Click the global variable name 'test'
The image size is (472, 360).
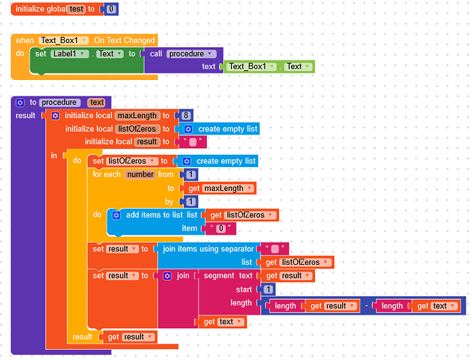click(x=76, y=9)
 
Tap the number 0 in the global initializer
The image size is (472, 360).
click(x=110, y=9)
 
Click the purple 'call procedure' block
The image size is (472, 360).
click(x=183, y=53)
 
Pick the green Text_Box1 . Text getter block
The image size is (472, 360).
click(x=270, y=66)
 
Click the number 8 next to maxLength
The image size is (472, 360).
click(x=186, y=115)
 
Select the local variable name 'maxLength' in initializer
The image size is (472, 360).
click(x=135, y=115)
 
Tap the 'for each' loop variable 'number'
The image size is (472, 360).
click(x=140, y=175)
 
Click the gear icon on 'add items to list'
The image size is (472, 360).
click(x=115, y=215)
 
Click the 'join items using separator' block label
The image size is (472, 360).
click(x=208, y=248)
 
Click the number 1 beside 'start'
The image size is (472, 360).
click(x=268, y=289)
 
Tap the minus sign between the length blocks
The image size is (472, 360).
click(x=367, y=306)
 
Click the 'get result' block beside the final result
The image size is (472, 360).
click(x=130, y=336)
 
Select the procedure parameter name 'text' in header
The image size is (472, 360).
click(x=97, y=102)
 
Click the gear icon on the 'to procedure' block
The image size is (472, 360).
click(x=20, y=102)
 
